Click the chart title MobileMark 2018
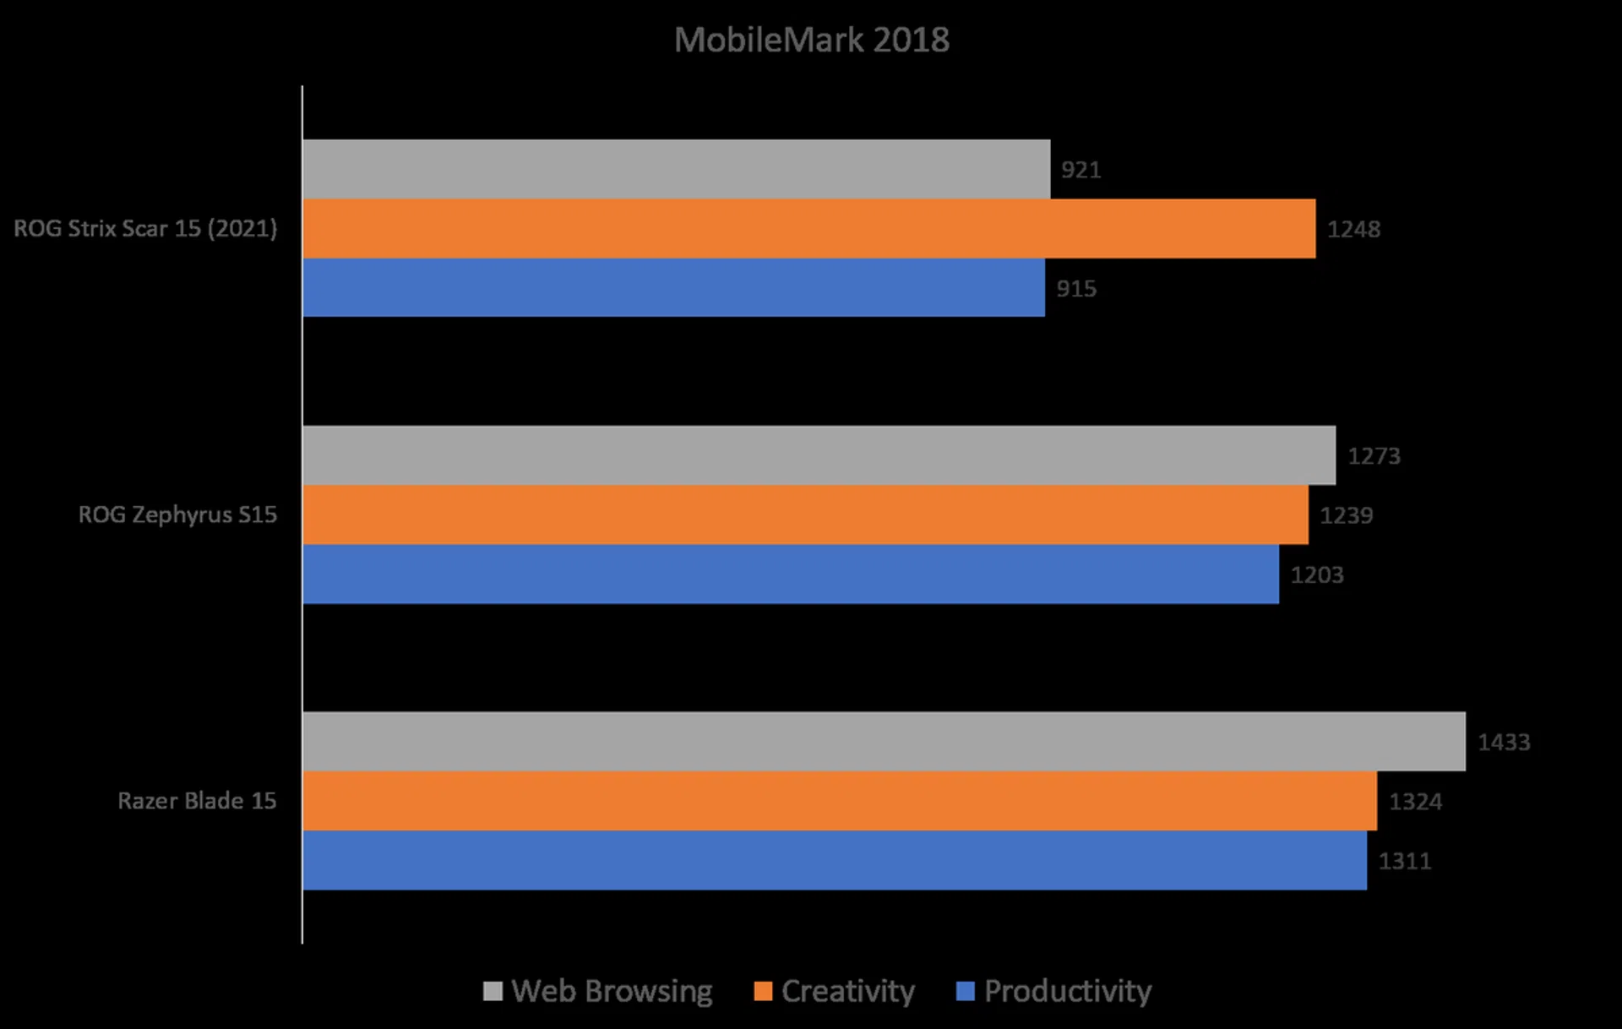click(x=811, y=40)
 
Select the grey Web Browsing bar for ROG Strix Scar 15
click(x=676, y=169)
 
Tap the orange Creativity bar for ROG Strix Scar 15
click(x=808, y=228)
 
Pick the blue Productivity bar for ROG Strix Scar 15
click(x=673, y=287)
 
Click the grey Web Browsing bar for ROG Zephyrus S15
click(x=819, y=455)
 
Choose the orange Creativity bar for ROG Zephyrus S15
click(x=805, y=514)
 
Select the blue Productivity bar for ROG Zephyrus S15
click(x=790, y=574)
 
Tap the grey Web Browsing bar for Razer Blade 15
click(x=884, y=741)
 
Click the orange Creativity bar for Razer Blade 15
click(x=839, y=800)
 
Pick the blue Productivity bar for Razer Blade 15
click(x=834, y=860)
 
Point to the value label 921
click(x=1080, y=170)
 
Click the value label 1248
click(x=1353, y=229)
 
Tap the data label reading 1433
click(x=1504, y=742)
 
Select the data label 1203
click(x=1316, y=574)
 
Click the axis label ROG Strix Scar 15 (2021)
click(x=145, y=228)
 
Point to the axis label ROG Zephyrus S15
click(x=177, y=514)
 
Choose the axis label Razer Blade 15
click(x=197, y=800)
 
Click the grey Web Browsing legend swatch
click(x=493, y=991)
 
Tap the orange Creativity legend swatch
click(x=763, y=991)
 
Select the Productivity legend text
click(x=1067, y=991)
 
